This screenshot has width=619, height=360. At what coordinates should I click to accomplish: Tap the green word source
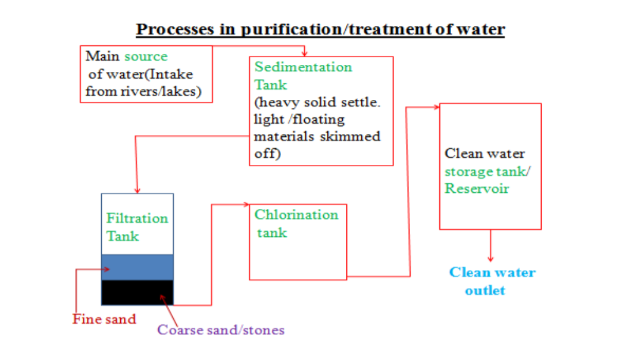146,57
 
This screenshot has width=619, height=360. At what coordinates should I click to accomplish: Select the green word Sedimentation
303,67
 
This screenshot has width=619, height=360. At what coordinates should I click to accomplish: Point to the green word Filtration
137,218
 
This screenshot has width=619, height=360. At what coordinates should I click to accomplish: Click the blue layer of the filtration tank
137,267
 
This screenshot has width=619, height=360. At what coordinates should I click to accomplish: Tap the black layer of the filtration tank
137,292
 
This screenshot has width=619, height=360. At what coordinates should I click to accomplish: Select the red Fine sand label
104,319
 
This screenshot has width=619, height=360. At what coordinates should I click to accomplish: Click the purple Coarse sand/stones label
220,330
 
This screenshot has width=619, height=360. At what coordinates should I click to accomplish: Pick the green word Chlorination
296,215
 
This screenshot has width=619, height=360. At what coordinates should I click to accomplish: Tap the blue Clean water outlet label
492,281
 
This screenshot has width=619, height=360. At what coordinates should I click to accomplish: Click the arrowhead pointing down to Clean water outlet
490,259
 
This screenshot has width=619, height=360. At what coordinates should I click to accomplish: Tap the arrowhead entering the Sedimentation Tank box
304,54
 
